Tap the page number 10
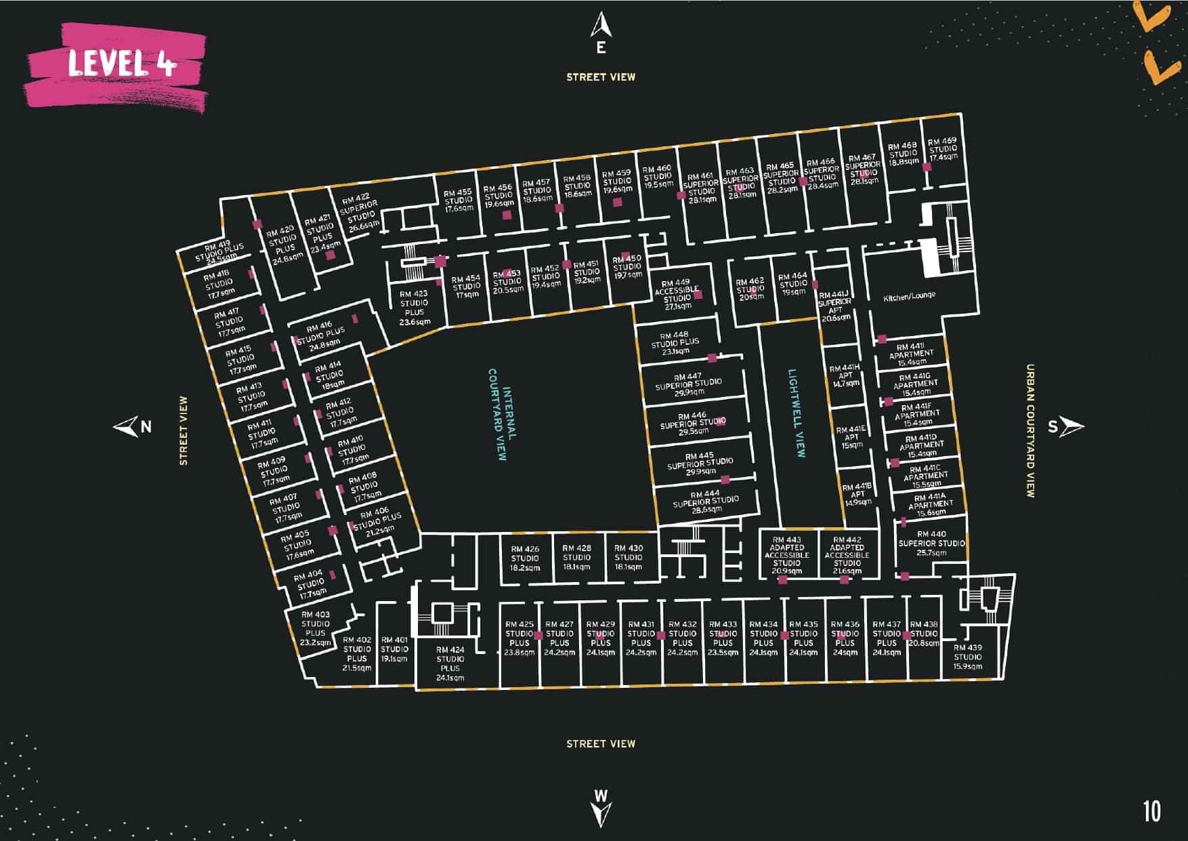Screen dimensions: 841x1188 tap(1151, 811)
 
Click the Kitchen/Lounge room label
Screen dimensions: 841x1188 tap(910, 296)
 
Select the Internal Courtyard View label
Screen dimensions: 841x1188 tap(502, 414)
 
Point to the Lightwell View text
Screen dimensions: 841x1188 tap(796, 413)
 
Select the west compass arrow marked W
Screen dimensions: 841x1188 tap(601, 806)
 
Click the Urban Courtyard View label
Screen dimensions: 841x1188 tap(1030, 431)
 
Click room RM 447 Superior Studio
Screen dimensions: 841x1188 tap(689, 384)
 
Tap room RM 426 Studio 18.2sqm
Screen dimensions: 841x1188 tap(525, 558)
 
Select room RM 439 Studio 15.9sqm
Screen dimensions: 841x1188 tap(967, 657)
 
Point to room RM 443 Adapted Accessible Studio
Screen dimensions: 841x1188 tap(786, 555)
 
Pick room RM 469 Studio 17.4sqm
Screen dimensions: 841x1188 tap(943, 149)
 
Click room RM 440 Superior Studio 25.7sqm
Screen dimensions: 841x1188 tap(931, 543)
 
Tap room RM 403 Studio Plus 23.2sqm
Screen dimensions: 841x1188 tap(316, 628)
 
